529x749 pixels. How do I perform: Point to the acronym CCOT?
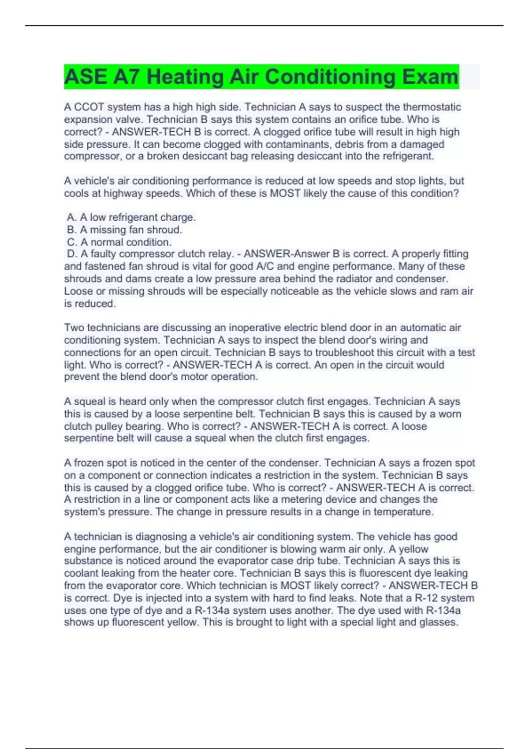(x=89, y=107)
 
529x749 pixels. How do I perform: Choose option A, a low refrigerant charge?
(x=131, y=217)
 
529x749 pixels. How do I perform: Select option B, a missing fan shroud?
(x=124, y=230)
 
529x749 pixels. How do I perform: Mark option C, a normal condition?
(x=119, y=242)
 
